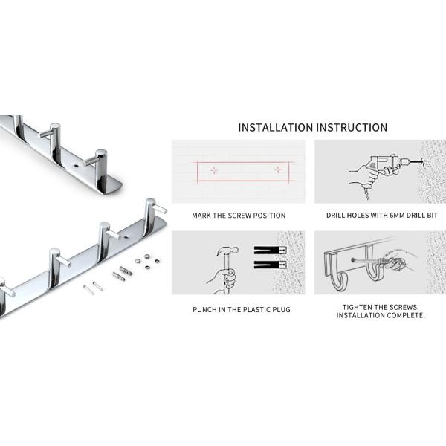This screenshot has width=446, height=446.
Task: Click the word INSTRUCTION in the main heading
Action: tap(353, 127)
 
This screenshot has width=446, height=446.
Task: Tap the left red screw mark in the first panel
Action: tap(214, 170)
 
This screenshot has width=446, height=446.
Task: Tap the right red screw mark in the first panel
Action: tap(277, 169)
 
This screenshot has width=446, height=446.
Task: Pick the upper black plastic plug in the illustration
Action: tap(269, 250)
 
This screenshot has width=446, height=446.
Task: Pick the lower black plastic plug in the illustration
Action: tap(269, 265)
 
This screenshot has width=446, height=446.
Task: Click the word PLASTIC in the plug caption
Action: tap(248, 308)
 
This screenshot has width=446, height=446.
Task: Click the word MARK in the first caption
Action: tap(201, 216)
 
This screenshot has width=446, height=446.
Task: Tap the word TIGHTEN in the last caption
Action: tap(359, 306)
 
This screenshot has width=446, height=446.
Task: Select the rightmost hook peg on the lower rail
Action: tap(153, 207)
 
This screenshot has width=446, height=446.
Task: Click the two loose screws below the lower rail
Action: tap(92, 288)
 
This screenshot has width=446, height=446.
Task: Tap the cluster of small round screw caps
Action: tap(144, 261)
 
